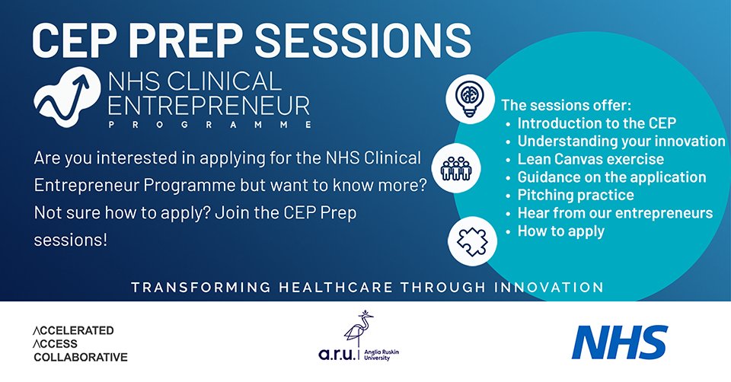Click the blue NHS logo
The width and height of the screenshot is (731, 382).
click(x=620, y=342)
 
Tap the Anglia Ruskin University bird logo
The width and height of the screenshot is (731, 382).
click(x=358, y=335)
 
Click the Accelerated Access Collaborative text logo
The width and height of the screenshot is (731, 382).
click(x=80, y=344)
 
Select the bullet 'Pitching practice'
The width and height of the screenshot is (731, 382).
click(x=575, y=196)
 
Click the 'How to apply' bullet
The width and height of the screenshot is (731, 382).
click(x=560, y=231)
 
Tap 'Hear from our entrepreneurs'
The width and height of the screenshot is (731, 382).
click(x=614, y=213)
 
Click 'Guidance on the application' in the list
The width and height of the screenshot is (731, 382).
click(x=611, y=177)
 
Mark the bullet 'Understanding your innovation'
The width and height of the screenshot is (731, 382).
click(x=621, y=141)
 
